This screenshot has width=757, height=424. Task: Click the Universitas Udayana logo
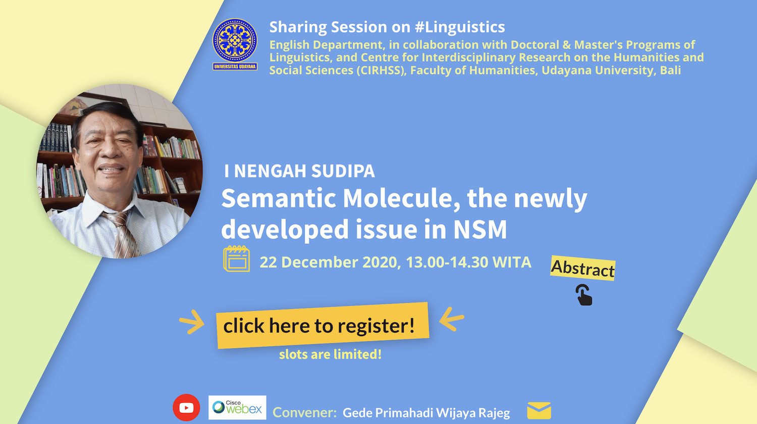(x=235, y=44)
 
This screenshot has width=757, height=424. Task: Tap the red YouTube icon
(x=186, y=407)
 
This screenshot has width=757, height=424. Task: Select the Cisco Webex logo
(x=237, y=407)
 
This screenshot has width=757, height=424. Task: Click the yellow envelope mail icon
(x=539, y=410)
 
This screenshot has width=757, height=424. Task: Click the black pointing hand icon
(x=584, y=295)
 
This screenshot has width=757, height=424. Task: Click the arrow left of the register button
(x=192, y=322)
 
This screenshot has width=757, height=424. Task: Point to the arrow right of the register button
(x=452, y=319)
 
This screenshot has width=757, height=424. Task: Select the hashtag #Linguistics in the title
(x=460, y=27)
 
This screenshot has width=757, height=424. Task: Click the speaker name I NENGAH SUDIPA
(x=299, y=171)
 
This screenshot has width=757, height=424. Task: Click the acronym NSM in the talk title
(x=480, y=230)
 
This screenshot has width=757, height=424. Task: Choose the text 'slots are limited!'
(x=330, y=354)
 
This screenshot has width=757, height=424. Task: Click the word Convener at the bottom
(x=304, y=412)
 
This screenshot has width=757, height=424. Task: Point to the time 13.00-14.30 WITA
(x=468, y=262)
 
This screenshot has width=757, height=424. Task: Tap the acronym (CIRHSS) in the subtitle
(x=381, y=70)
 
